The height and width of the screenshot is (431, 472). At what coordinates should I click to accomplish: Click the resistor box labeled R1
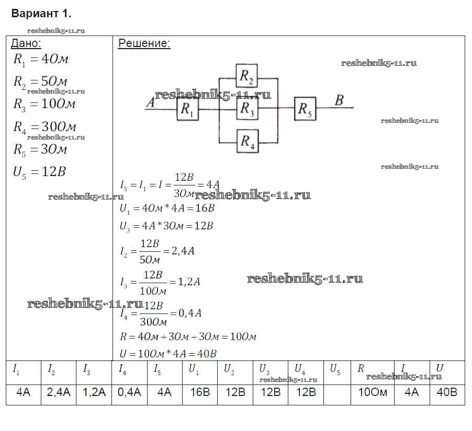pyautogui.click(x=187, y=110)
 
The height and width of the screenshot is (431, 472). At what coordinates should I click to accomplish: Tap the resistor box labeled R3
pyautogui.click(x=247, y=109)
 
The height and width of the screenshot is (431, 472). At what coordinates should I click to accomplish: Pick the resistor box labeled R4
pyautogui.click(x=247, y=141)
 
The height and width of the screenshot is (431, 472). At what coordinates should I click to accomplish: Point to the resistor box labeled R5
pyautogui.click(x=306, y=109)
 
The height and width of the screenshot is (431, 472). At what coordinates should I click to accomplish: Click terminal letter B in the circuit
pyautogui.click(x=339, y=100)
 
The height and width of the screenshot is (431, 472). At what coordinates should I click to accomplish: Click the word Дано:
pyautogui.click(x=26, y=43)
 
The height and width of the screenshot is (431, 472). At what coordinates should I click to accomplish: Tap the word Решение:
pyautogui.click(x=144, y=43)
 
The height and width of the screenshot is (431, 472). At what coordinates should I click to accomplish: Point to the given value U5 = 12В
pyautogui.click(x=40, y=172)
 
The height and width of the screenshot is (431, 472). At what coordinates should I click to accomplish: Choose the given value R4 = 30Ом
pyautogui.click(x=45, y=127)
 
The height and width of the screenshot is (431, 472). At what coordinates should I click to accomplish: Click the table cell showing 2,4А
pyautogui.click(x=59, y=392)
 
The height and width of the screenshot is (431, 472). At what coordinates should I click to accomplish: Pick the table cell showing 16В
pyautogui.click(x=199, y=392)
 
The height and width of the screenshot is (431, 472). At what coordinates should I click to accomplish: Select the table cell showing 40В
pyautogui.click(x=446, y=392)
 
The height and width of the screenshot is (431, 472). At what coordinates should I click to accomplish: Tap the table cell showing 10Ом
pyautogui.click(x=373, y=392)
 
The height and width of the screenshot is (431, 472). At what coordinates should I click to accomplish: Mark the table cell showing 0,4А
pyautogui.click(x=129, y=392)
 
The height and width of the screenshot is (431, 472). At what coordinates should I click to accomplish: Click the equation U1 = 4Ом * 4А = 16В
pyautogui.click(x=167, y=208)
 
